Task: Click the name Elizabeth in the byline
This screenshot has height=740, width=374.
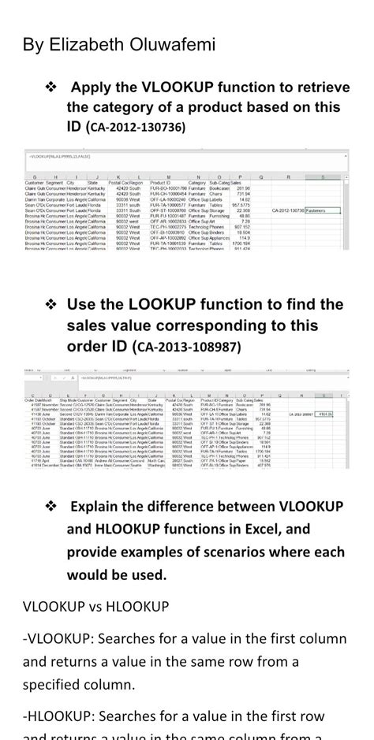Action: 86,44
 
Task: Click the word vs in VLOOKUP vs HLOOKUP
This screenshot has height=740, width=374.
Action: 103,607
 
